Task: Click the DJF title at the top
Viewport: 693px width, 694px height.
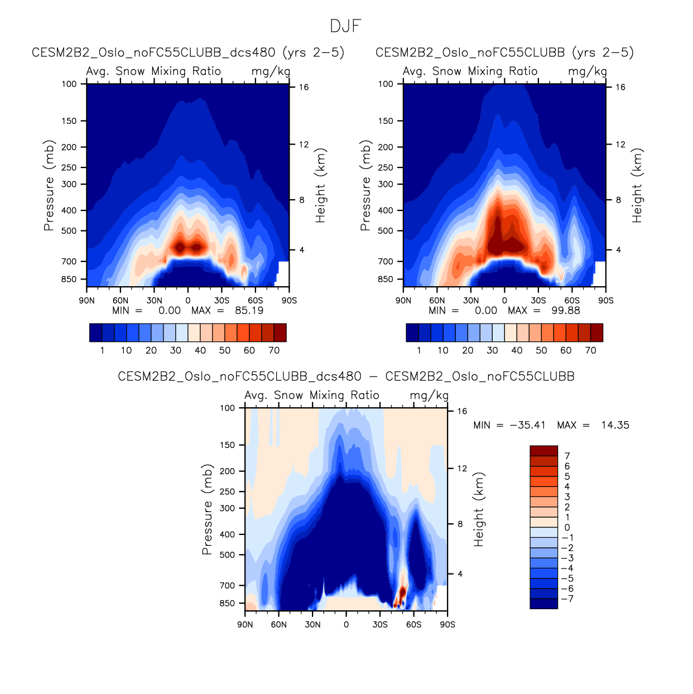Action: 346,26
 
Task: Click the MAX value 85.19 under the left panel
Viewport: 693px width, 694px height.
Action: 249,311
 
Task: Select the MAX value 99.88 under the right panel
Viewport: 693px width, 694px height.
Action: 566,311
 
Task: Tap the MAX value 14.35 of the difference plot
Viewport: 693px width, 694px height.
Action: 615,425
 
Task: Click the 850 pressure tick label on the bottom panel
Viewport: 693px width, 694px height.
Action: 227,604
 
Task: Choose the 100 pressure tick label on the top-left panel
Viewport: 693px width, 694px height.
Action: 69,84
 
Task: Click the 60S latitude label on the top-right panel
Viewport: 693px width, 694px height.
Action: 572,301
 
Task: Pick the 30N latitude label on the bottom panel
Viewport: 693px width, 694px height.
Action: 312,625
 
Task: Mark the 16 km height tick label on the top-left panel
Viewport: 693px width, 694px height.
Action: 304,88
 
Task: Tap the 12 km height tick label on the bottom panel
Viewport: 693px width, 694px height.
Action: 462,469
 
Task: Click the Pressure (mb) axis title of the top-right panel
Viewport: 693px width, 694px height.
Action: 365,185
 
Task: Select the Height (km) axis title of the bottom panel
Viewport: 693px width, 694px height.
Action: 479,509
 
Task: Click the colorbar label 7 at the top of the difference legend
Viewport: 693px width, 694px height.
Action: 567,456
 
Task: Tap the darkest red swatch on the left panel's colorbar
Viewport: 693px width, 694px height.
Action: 280,332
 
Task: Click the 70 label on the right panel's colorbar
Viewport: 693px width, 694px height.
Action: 590,350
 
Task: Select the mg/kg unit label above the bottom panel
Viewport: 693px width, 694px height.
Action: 429,396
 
